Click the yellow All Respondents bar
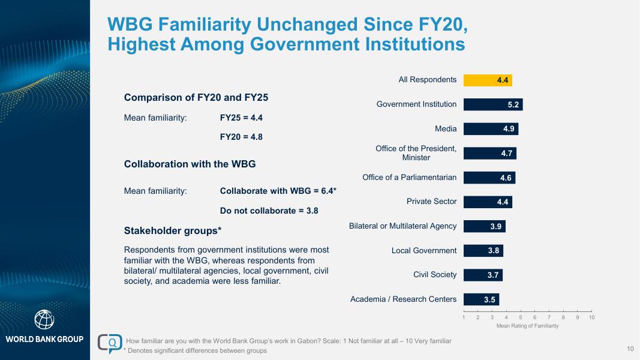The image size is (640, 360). (x=488, y=80)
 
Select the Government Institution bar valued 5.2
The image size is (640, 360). (x=493, y=104)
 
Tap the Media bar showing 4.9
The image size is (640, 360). (x=491, y=129)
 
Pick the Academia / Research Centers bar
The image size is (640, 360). (x=481, y=299)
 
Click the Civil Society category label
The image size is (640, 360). (x=435, y=275)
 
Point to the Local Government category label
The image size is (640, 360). (x=424, y=250)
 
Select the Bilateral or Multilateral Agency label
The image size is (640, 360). (x=402, y=226)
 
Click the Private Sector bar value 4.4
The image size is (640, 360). (x=503, y=202)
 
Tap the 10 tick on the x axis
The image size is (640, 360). (x=591, y=317)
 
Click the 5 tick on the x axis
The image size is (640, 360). (x=520, y=317)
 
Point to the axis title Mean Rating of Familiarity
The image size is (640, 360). (x=527, y=326)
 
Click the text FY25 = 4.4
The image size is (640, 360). (x=241, y=118)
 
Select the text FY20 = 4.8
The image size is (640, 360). (x=241, y=137)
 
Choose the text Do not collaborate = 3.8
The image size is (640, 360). (x=269, y=211)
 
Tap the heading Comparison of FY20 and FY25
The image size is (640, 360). (x=196, y=97)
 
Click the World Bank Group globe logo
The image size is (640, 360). (x=44, y=320)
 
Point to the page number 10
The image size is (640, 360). (x=630, y=349)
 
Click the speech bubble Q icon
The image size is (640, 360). (x=111, y=343)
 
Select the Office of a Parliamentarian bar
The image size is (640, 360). (x=489, y=178)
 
